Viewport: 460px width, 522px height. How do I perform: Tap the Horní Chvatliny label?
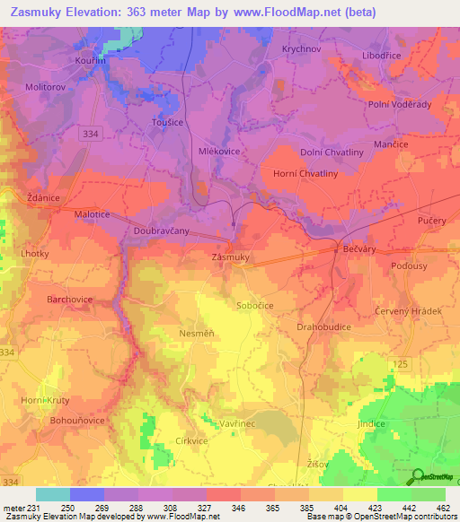[305, 174]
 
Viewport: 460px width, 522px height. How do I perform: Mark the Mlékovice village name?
[219, 152]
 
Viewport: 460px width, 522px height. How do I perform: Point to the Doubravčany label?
[160, 231]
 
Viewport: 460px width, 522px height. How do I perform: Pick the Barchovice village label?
[83, 299]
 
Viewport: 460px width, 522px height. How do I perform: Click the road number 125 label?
[400, 363]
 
